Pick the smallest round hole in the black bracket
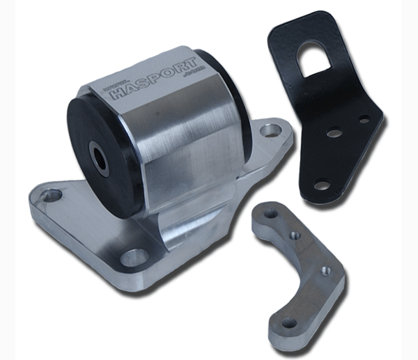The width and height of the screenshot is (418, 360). [364, 119]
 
